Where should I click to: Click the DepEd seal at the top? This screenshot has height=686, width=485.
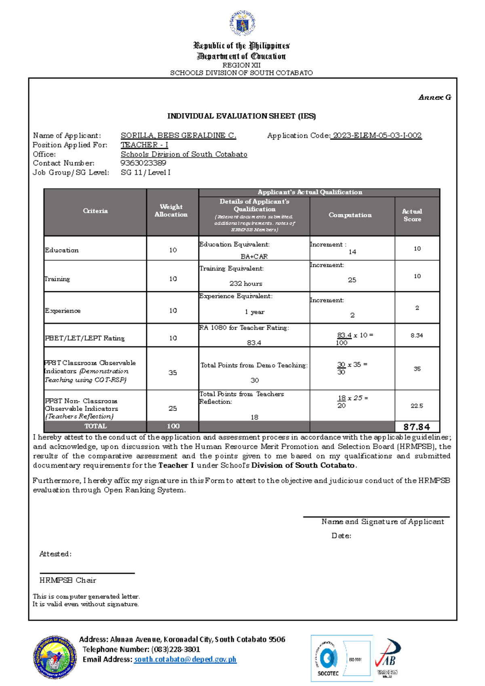tap(242, 23)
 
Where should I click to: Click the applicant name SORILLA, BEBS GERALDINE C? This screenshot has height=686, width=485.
tap(178, 136)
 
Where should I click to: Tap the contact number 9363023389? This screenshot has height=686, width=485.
tap(143, 163)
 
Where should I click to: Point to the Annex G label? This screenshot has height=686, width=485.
tap(435, 97)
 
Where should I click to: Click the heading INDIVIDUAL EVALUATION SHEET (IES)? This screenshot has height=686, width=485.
tap(242, 116)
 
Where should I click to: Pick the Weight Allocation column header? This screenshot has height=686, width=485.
tap(171, 211)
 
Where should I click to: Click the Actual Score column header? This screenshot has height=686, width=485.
tap(412, 215)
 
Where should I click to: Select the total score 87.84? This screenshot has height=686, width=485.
tap(416, 427)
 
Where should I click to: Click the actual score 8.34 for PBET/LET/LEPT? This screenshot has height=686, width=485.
tap(417, 335)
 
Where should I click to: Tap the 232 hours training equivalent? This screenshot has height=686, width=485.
tap(246, 284)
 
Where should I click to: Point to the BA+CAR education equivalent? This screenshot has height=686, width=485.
tap(254, 256)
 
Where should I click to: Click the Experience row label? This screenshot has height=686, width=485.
tap(63, 311)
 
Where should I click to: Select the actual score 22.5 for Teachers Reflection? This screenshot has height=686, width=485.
tap(417, 406)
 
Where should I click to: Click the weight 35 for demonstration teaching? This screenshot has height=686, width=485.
tap(173, 373)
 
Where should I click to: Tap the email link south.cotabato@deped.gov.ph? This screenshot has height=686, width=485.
tap(185, 659)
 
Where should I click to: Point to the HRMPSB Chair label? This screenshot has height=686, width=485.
tap(68, 580)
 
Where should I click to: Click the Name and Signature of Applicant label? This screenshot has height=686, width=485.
tap(382, 522)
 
